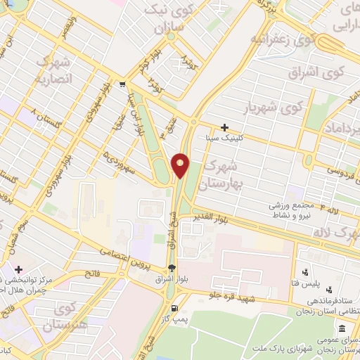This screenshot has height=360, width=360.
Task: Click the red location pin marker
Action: click(180, 165)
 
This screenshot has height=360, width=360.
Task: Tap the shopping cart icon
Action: click(123, 83)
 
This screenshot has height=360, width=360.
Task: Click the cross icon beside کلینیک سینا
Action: click(224, 128)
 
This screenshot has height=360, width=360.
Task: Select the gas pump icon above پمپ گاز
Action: click(174, 307)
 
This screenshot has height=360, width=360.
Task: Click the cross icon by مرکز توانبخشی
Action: click(18, 269)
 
